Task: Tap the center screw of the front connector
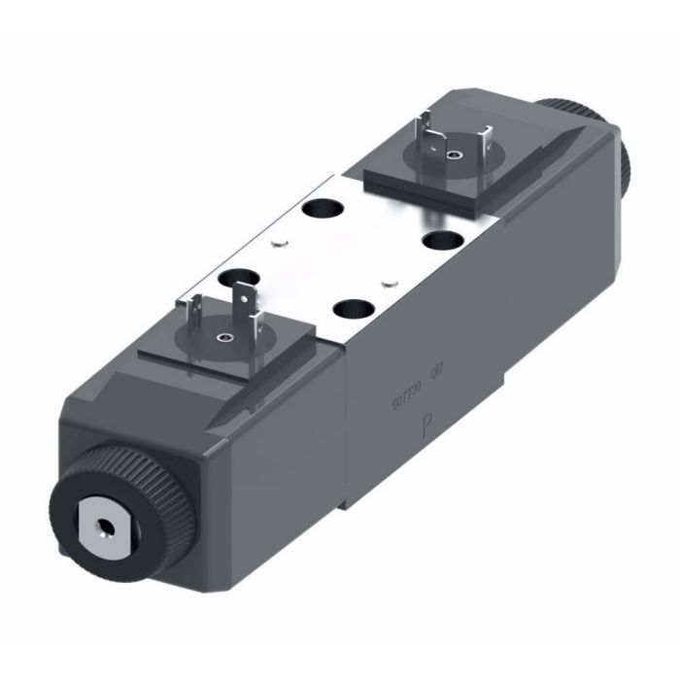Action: pos(224,338)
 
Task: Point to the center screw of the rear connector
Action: pos(450,154)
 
